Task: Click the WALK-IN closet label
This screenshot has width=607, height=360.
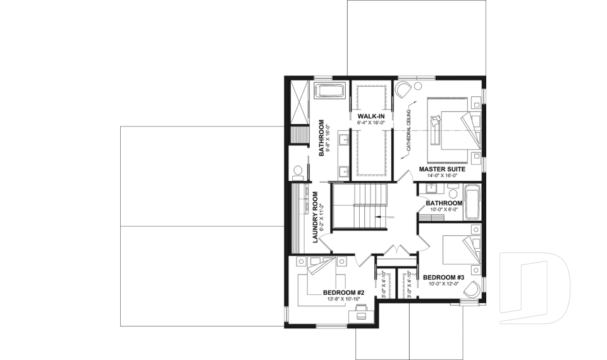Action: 370,117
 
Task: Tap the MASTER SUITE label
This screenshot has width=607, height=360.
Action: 443,170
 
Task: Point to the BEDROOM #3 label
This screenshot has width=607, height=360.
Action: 444,278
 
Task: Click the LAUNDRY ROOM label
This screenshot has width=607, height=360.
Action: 314,216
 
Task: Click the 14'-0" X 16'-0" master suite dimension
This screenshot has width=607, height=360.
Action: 443,177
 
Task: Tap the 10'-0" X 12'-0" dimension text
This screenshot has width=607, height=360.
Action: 444,285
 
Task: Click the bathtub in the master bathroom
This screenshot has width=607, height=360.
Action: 329,90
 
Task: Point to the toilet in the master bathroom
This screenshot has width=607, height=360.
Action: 298,171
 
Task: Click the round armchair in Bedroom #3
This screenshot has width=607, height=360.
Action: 472,290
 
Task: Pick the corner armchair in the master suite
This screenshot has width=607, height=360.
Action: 402,89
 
